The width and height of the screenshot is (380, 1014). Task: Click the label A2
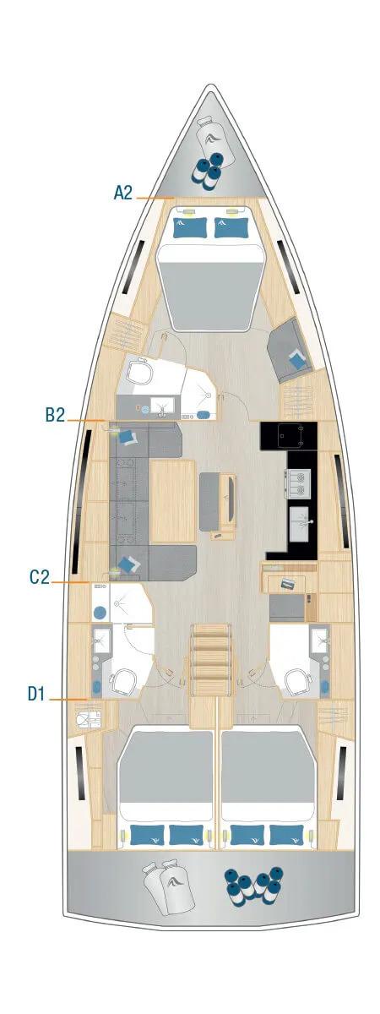click(123, 194)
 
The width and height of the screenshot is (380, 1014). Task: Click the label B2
click(56, 415)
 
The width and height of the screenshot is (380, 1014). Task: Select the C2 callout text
click(40, 578)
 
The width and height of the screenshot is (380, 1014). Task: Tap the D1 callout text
click(36, 695)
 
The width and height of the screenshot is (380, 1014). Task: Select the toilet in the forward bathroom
click(139, 371)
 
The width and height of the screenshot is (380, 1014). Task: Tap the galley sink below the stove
click(301, 524)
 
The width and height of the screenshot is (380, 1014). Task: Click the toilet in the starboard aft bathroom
click(296, 681)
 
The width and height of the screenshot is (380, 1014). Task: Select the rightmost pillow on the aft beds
click(287, 835)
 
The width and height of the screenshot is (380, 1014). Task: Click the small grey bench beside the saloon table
click(212, 500)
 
